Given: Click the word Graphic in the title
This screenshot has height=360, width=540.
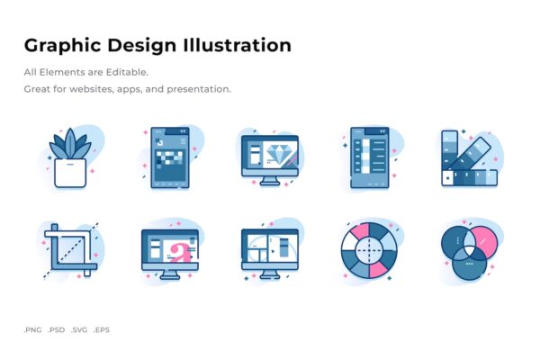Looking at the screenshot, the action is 63,46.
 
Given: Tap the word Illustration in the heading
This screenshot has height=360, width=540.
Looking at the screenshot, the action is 238,45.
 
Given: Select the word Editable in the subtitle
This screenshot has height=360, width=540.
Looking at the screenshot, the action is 127,72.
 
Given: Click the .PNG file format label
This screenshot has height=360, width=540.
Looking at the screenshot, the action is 32,329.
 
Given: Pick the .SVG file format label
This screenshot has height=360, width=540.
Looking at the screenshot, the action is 79,329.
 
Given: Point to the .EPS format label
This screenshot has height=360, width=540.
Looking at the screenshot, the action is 102,329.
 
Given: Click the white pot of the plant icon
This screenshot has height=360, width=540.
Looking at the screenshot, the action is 70,173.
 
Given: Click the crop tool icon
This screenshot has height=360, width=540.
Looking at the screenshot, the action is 70,250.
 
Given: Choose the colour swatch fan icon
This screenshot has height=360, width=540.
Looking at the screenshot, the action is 470,158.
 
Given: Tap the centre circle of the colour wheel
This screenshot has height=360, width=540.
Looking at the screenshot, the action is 369,250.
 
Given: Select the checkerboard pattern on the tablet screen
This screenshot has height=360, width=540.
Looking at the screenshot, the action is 169,158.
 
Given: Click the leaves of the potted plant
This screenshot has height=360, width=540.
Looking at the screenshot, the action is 70,144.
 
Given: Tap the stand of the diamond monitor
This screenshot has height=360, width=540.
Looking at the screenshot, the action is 270,181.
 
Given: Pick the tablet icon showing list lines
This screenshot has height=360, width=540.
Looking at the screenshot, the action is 370,157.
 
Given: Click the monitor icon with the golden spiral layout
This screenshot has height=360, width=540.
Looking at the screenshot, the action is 270,254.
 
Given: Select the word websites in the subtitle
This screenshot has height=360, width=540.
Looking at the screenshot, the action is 91,89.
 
